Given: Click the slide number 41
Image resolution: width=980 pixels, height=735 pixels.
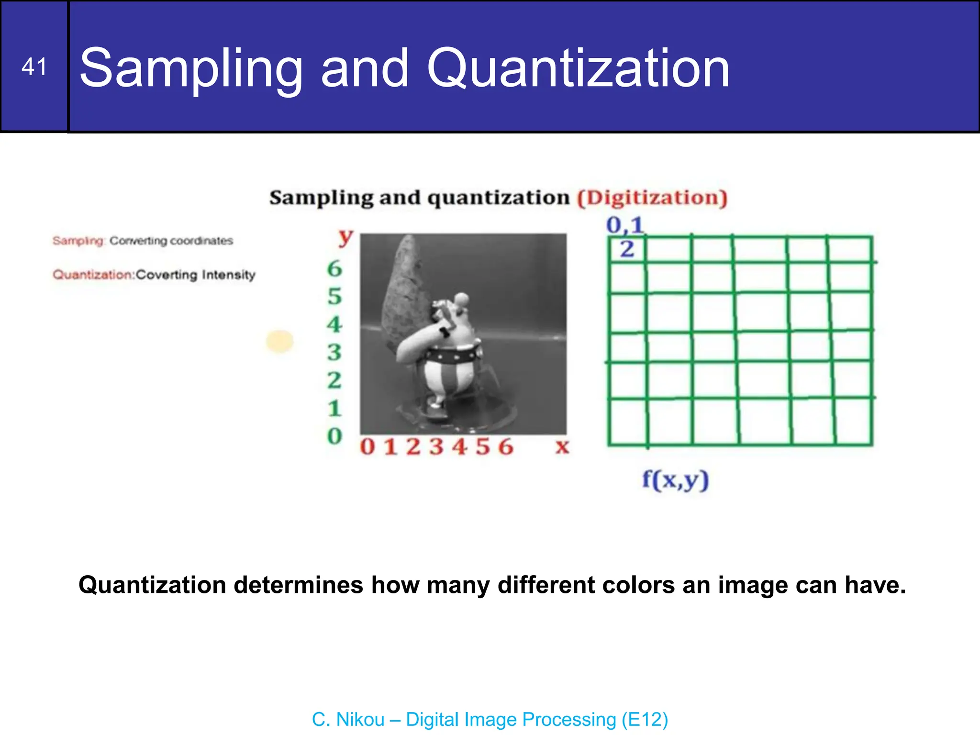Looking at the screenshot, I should coord(34,67).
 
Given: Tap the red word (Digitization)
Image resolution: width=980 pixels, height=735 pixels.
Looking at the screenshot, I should coord(652,198).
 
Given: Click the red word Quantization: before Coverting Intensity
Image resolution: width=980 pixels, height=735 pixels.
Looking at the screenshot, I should coord(93,275).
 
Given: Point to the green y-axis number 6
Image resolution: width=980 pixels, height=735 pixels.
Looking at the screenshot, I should coord(334,269).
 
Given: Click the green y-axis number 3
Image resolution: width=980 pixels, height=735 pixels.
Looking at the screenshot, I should coord(334,353).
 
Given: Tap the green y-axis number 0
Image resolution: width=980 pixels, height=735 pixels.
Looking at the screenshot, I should coord(334,436).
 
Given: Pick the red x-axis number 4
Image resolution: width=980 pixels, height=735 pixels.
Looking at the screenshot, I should coord(459,447).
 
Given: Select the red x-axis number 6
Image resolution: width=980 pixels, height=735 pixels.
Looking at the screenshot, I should coord(505,447).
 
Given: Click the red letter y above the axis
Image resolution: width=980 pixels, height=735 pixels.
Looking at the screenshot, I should coord(345,236).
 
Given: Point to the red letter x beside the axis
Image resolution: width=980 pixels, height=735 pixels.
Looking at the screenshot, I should coord(562,446).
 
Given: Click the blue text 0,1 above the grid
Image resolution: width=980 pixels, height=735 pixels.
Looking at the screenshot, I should coord(625,225).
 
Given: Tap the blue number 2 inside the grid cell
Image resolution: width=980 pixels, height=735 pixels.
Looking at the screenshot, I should coord(627,249).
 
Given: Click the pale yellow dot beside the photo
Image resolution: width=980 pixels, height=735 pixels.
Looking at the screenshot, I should coord(280,341).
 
